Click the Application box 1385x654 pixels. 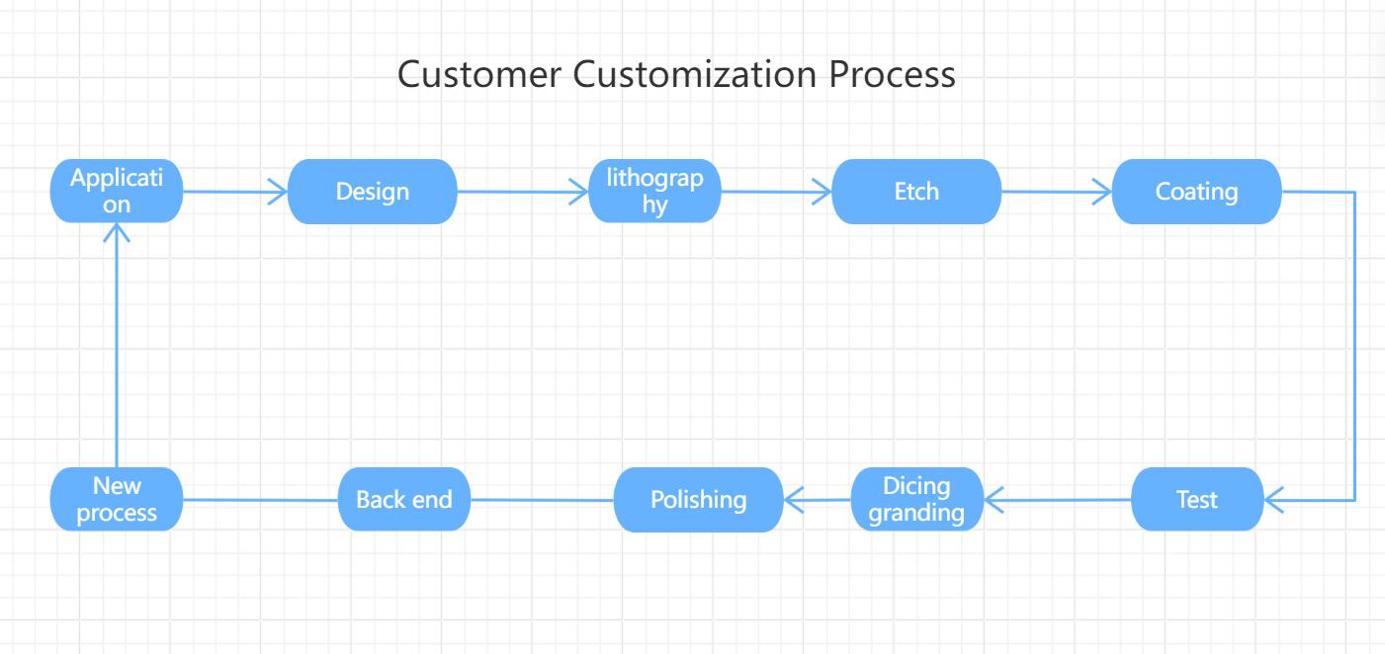pyautogui.click(x=117, y=191)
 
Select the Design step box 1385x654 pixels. pyautogui.click(x=372, y=191)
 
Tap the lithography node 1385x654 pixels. pyautogui.click(x=655, y=191)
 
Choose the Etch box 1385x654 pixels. pyautogui.click(x=915, y=191)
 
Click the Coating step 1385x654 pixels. pyautogui.click(x=1196, y=191)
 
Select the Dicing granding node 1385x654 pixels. pyautogui.click(x=918, y=500)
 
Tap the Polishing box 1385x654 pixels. pyautogui.click(x=698, y=500)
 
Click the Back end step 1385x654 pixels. pyautogui.click(x=403, y=500)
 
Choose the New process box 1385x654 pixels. pyautogui.click(x=117, y=500)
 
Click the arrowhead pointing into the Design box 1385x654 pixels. pyautogui.click(x=278, y=192)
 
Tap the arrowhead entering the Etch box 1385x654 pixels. pyautogui.click(x=822, y=192)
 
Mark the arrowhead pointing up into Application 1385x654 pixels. pyautogui.click(x=117, y=233)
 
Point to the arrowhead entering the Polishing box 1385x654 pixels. pyautogui.click(x=794, y=500)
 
